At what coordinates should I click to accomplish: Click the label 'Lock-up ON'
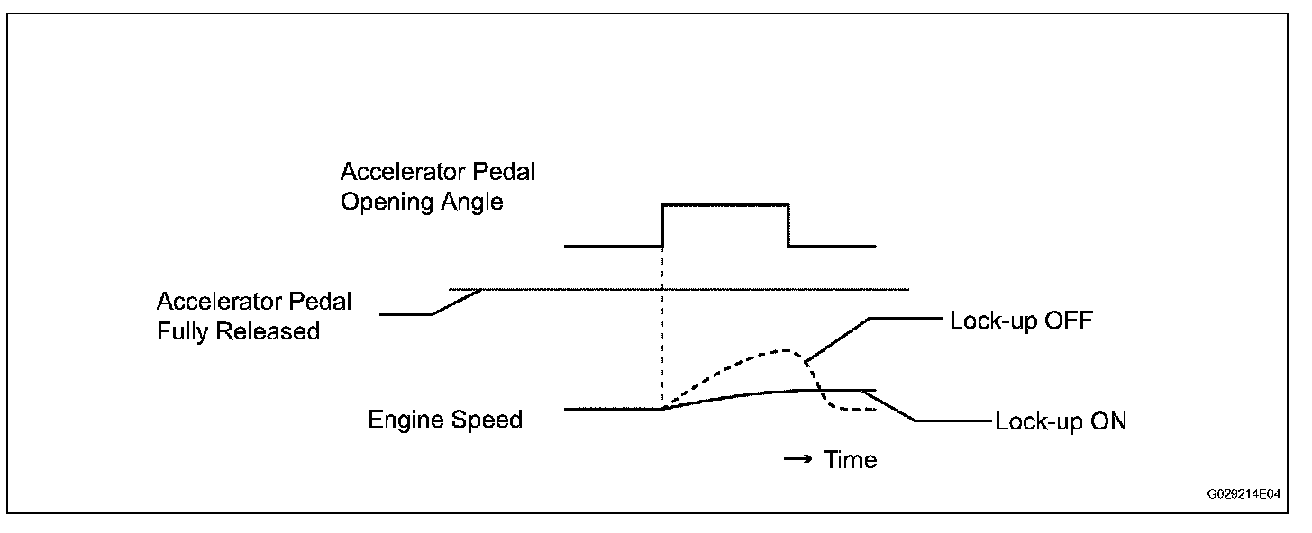[x=1061, y=421]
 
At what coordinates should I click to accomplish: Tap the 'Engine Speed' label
[x=445, y=420]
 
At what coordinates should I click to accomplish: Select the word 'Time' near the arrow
[x=850, y=460]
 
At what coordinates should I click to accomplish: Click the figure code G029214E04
[x=1245, y=494]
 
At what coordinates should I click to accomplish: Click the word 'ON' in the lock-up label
[x=1107, y=421]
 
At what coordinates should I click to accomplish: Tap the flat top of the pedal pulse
[x=725, y=205]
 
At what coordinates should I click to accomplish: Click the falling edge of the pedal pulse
[x=789, y=225]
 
